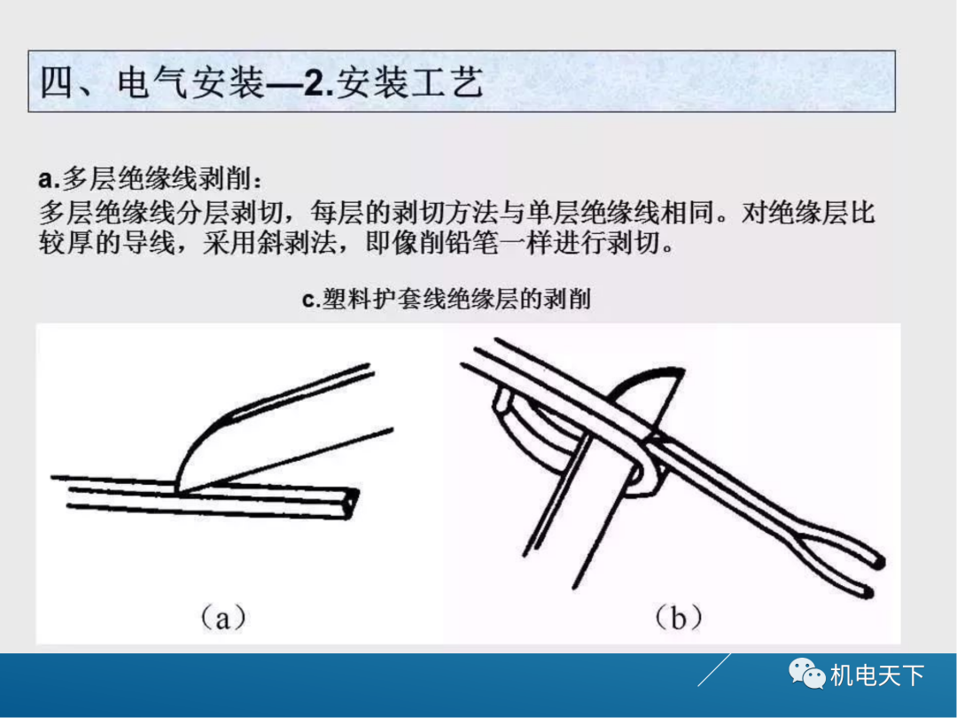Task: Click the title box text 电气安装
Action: pyautogui.click(x=190, y=83)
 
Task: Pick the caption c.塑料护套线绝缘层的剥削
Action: pyautogui.click(x=447, y=300)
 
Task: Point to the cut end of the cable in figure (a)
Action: pyautogui.click(x=353, y=503)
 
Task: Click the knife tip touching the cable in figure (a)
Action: pyautogui.click(x=180, y=487)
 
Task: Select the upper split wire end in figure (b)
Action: pyautogui.click(x=878, y=561)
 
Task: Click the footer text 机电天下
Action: pyautogui.click(x=877, y=676)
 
